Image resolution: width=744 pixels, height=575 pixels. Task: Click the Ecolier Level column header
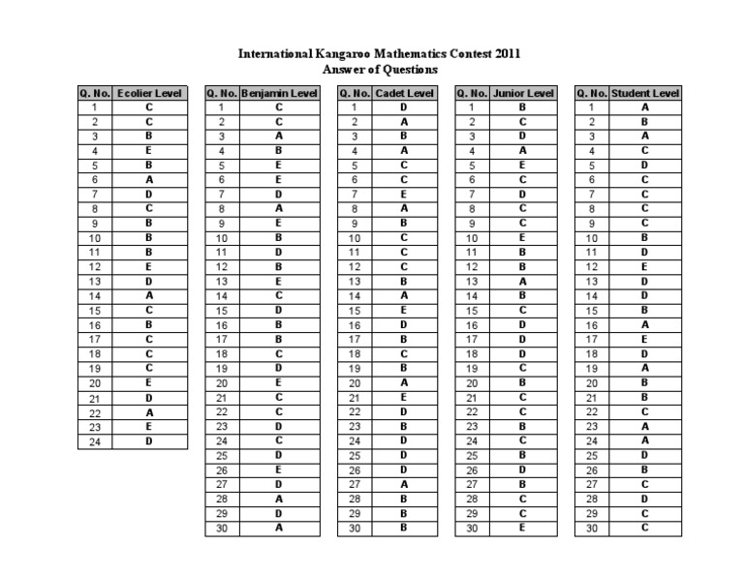click(149, 93)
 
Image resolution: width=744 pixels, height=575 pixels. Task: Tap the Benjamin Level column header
click(279, 93)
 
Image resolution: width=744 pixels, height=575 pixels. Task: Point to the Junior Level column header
click(523, 93)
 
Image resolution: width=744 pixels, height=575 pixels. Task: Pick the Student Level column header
click(645, 93)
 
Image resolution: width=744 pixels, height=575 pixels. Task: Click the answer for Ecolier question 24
click(149, 441)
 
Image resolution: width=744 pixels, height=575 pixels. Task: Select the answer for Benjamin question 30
click(279, 528)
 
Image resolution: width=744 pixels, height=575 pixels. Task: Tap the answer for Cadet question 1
click(404, 107)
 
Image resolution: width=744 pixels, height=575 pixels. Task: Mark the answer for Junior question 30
click(523, 528)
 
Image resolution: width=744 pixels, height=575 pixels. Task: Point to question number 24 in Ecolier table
click(95, 441)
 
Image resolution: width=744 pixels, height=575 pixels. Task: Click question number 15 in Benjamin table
click(222, 310)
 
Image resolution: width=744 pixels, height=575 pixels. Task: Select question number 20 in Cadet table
click(355, 382)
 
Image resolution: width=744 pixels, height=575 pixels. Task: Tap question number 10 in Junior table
click(472, 237)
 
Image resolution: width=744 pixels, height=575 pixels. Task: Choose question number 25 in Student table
click(591, 455)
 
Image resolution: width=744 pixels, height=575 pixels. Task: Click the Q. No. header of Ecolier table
click(95, 93)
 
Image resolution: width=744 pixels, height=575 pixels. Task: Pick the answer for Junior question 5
click(523, 165)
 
